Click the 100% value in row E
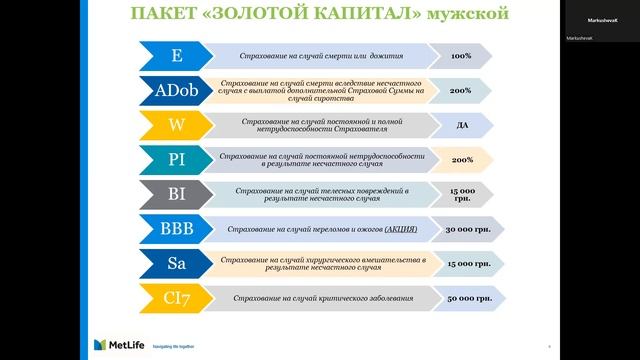point(461,56)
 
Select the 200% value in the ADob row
point(461,90)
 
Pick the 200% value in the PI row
point(461,159)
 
